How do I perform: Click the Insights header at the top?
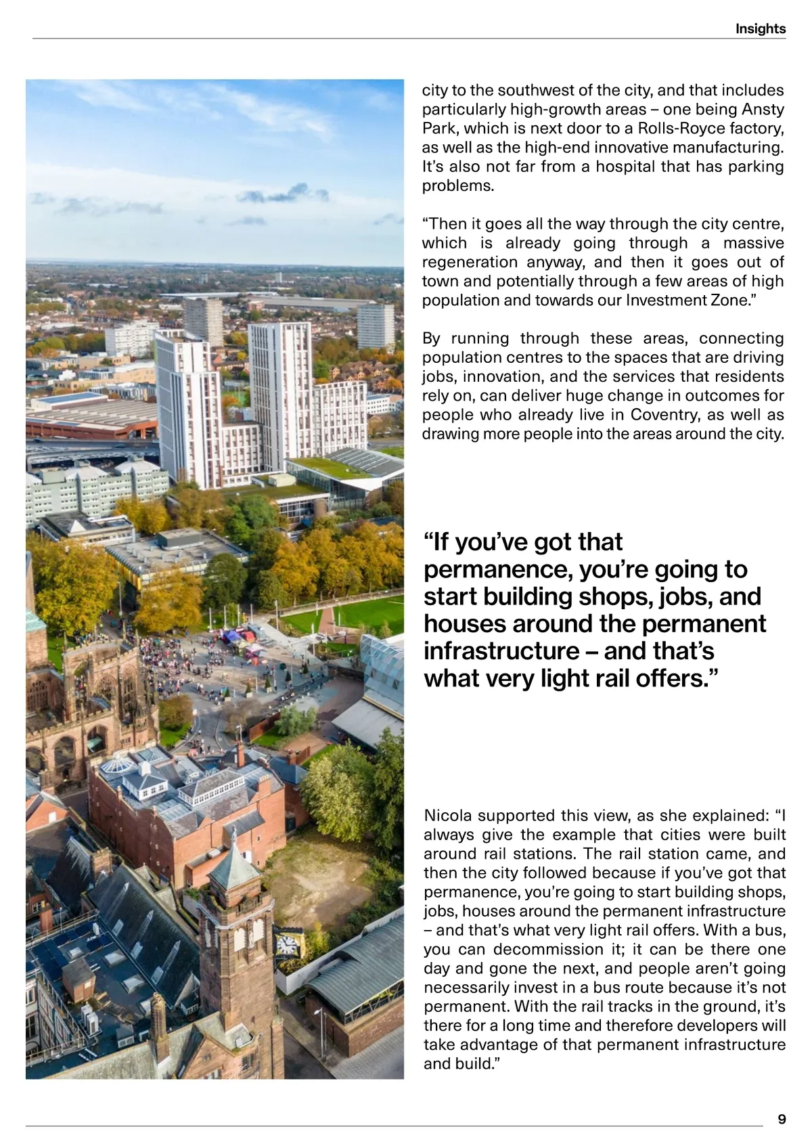coord(761,28)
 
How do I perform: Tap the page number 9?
coord(782,1119)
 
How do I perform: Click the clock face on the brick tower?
coord(287,944)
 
